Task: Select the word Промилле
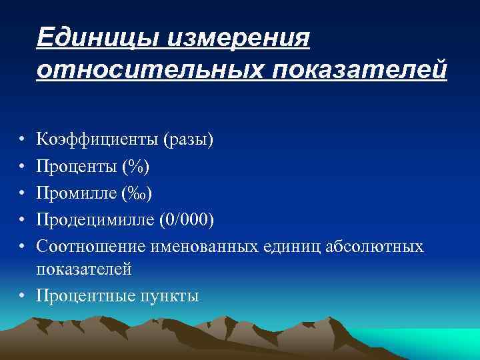[77, 194]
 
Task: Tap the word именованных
[200, 247]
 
